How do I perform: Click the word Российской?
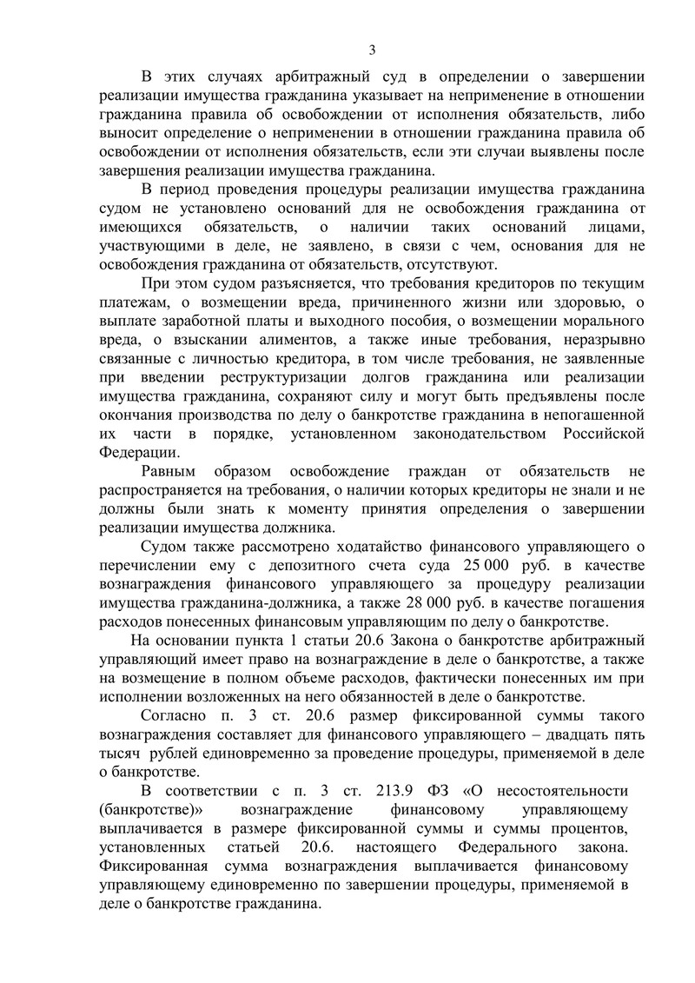click(593, 433)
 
